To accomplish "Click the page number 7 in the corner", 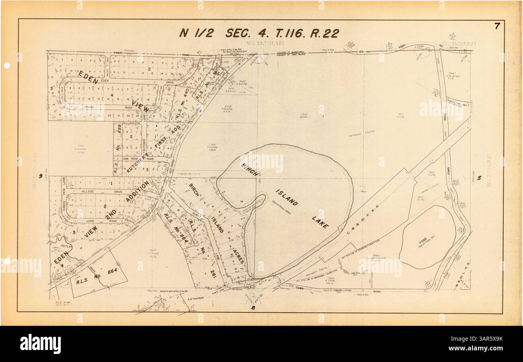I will (498, 27).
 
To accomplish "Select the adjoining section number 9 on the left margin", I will (41, 176).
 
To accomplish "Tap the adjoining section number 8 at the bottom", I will (253, 308).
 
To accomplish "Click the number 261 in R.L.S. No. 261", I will (213, 275).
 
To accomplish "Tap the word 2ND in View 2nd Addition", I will (111, 214).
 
